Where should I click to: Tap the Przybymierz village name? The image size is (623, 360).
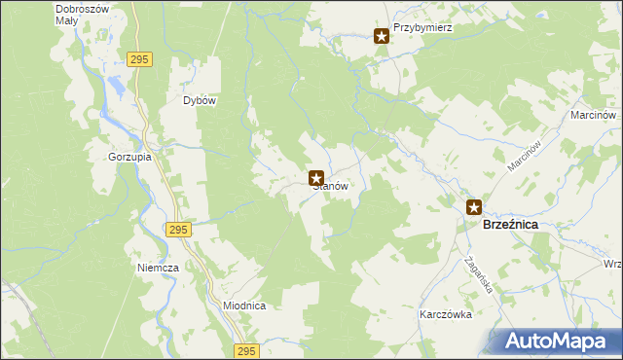(423, 28)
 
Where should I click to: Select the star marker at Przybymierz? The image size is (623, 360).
(382, 37)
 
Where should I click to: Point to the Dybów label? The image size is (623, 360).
(200, 100)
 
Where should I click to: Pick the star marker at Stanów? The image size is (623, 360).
(316, 179)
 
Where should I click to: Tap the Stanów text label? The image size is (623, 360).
(330, 186)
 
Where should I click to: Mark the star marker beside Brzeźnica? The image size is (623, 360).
(474, 206)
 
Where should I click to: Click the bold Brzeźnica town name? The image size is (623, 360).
(511, 224)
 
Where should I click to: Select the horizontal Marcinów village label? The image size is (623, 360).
(593, 115)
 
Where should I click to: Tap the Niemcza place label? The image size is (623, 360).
(158, 267)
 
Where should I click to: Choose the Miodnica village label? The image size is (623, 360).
(244, 306)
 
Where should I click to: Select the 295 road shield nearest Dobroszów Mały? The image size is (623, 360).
(140, 60)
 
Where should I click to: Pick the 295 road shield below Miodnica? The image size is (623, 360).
(247, 350)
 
